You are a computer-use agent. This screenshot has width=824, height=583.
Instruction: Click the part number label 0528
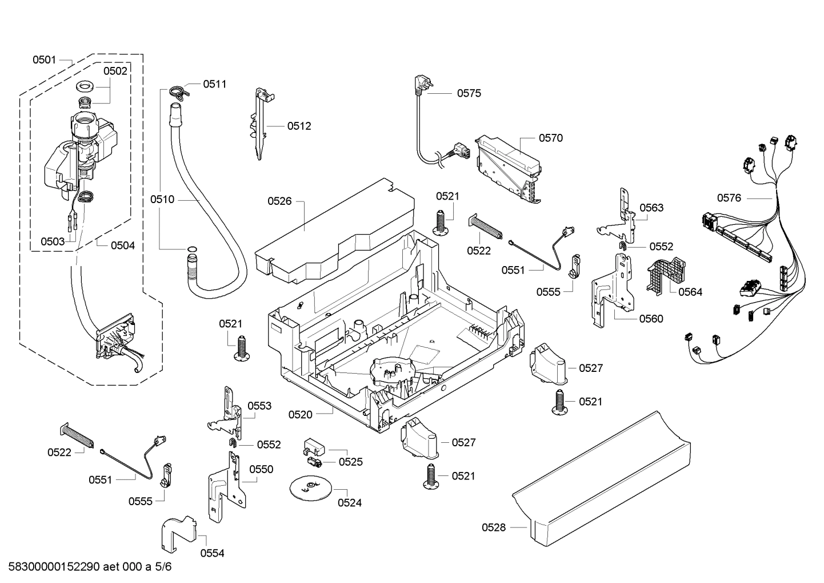pos(494,528)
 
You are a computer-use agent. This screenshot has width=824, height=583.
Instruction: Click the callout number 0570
pos(550,138)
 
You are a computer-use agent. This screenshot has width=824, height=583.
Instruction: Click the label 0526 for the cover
pos(279,201)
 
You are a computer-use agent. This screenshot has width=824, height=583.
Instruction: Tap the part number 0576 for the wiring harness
pos(729,198)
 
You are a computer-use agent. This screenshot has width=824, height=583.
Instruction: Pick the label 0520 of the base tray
pos(300,414)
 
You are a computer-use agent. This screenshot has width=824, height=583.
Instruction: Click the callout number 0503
pos(53,241)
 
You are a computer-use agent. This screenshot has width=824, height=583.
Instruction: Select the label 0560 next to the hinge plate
pos(651,319)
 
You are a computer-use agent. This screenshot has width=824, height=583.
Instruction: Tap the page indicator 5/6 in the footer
pos(163,568)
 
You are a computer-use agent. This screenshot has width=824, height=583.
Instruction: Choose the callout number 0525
pos(350,462)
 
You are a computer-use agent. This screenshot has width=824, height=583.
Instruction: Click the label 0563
pos(651,208)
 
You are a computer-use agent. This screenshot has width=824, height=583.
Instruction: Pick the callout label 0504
pos(122,245)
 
